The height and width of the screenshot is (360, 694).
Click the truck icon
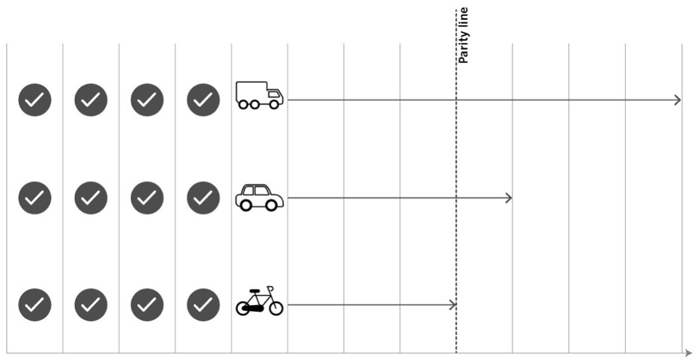[260, 95]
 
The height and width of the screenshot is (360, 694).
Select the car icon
[260, 197]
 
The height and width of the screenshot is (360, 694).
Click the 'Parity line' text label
[463, 35]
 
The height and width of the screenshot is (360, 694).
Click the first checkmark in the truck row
[34, 100]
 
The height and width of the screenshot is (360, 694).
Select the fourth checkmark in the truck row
[203, 100]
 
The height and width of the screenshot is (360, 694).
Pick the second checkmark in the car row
[91, 198]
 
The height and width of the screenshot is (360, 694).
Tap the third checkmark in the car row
[147, 198]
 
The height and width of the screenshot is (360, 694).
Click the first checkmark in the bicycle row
[34, 304]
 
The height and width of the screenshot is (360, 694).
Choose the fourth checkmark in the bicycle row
[203, 304]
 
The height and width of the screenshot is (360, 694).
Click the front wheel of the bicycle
[275, 308]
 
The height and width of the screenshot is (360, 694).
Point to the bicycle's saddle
[254, 291]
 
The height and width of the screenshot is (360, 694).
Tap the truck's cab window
[274, 94]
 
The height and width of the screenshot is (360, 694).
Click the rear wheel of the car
[246, 205]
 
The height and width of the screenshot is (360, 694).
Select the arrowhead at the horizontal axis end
[688, 353]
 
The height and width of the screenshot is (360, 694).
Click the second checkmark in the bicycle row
[91, 304]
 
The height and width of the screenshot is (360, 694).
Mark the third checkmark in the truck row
[147, 100]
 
